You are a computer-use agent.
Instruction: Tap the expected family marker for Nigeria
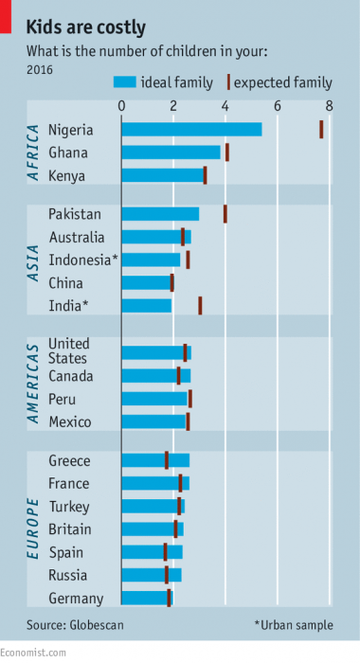[321, 130]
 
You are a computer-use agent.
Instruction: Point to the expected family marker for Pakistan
[225, 214]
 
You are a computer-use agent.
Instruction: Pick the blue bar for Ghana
[171, 152]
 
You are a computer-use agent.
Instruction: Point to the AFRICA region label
[34, 152]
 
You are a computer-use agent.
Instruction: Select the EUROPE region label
[34, 530]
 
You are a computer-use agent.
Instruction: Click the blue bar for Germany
[147, 598]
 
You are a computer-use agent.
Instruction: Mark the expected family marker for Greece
[167, 460]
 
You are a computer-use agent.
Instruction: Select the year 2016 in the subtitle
[40, 68]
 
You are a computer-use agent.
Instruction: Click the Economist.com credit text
[33, 654]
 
